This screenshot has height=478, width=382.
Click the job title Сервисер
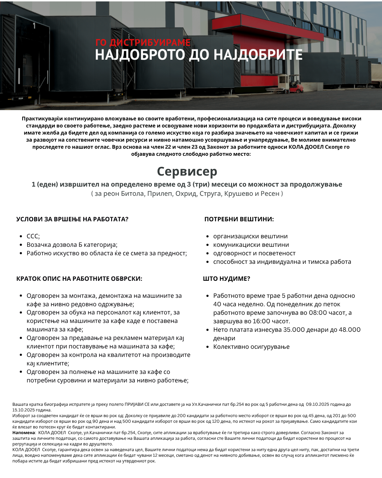point(187,171)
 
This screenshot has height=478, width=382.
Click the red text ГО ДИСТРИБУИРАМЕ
point(143,42)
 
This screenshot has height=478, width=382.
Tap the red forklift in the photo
point(296,87)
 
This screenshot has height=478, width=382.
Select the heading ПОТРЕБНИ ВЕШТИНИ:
point(239,219)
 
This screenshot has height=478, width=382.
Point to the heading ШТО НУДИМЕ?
point(226,279)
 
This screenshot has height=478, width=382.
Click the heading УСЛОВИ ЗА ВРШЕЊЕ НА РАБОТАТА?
point(72,219)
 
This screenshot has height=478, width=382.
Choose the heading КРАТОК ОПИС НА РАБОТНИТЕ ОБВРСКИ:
point(79,279)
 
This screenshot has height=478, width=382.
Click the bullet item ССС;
point(33,236)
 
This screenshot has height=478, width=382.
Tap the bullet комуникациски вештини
point(251,245)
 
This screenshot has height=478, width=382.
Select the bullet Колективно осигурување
point(251,347)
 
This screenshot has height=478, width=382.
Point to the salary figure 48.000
point(349,330)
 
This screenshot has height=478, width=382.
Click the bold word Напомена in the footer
point(24,433)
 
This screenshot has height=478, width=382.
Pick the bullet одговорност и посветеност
point(254,253)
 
